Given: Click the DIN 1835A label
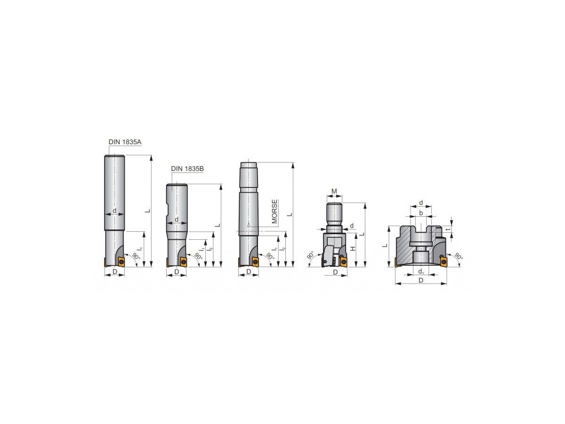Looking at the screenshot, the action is pyautogui.click(x=125, y=142).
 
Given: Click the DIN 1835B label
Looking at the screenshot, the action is pyautogui.click(x=187, y=169).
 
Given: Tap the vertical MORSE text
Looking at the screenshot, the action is pyautogui.click(x=274, y=212).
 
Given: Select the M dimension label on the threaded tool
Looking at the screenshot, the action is pyautogui.click(x=334, y=191).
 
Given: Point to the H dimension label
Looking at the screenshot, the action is pyautogui.click(x=353, y=248).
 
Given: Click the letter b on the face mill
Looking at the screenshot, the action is pyautogui.click(x=421, y=213).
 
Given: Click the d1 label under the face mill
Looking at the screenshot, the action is pyautogui.click(x=421, y=272).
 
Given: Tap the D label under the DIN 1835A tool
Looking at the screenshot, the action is pyautogui.click(x=115, y=272).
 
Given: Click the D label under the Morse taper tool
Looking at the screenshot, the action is pyautogui.click(x=249, y=272).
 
